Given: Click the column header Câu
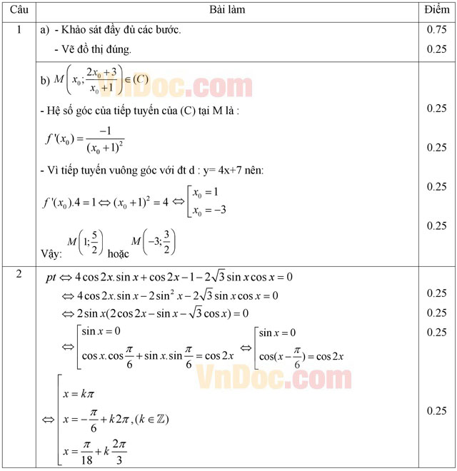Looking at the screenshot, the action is [19, 10].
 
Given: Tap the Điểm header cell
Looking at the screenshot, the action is [436, 10].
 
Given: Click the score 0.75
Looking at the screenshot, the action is [436, 31].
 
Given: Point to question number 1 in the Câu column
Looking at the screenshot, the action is [19, 31].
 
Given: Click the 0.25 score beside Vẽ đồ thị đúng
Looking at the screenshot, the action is [436, 49].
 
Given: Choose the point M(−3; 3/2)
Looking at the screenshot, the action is [153, 245].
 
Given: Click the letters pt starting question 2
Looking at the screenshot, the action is [51, 277].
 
